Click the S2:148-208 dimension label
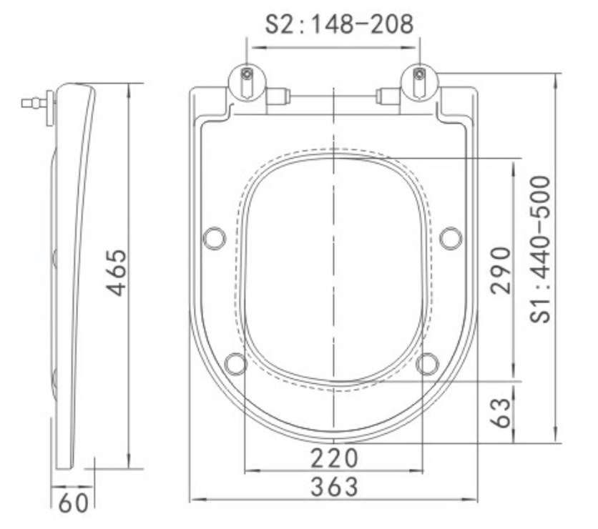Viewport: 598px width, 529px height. pyautogui.click(x=339, y=24)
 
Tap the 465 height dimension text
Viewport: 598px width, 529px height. pyautogui.click(x=117, y=272)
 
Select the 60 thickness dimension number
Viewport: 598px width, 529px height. pyautogui.click(x=74, y=503)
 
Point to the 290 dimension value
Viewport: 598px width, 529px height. pyautogui.click(x=501, y=270)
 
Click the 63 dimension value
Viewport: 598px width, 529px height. pyautogui.click(x=501, y=412)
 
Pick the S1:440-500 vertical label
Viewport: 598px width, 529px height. pyautogui.click(x=541, y=249)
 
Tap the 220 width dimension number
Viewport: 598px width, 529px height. pyautogui.click(x=335, y=458)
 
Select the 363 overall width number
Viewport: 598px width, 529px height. pyautogui.click(x=335, y=487)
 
